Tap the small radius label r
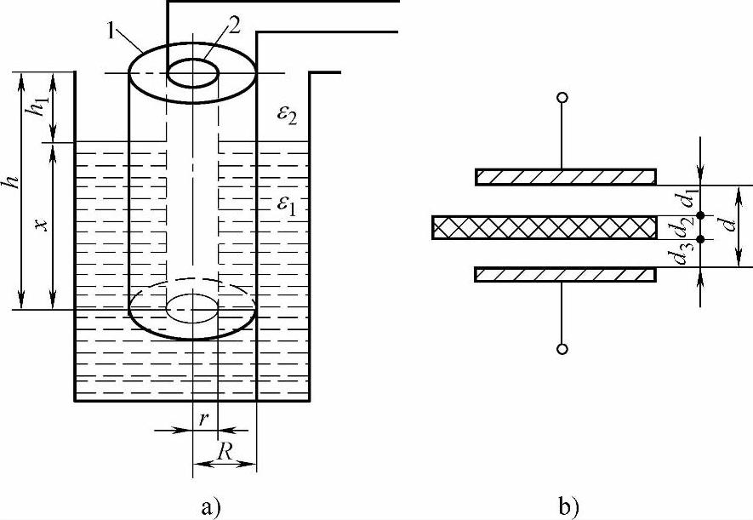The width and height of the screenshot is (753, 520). [204, 420]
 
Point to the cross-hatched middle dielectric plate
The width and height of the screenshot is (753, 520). [545, 226]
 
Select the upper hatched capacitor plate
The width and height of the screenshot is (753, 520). [565, 177]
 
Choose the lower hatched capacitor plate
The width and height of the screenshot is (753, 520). [565, 275]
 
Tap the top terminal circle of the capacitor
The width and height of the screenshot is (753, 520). [562, 98]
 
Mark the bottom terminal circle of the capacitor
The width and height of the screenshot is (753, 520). [562, 349]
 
